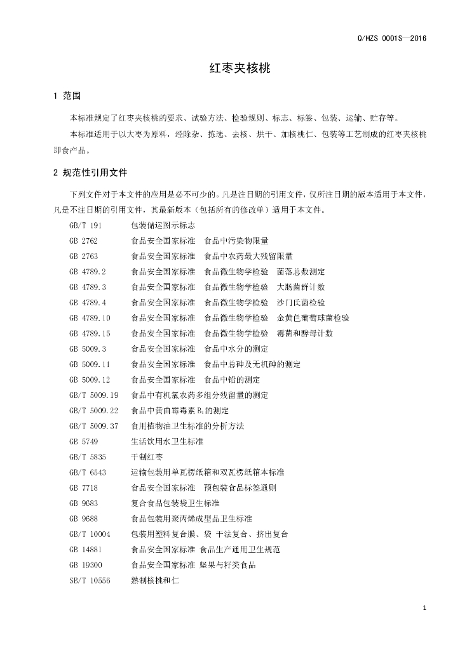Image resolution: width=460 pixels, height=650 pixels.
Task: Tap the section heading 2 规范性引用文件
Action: [91, 172]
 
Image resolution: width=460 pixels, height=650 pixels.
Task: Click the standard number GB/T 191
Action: [85, 225]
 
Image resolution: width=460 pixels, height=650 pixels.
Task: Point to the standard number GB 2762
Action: [83, 241]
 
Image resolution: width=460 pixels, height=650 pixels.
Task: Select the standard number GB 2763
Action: [83, 256]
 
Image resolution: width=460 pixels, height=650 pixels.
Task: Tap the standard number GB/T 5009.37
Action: [94, 426]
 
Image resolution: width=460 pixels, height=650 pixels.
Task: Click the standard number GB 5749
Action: [83, 441]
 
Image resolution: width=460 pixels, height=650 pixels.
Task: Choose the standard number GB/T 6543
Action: [88, 472]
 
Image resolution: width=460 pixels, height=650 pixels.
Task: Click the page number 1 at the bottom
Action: [424, 609]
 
